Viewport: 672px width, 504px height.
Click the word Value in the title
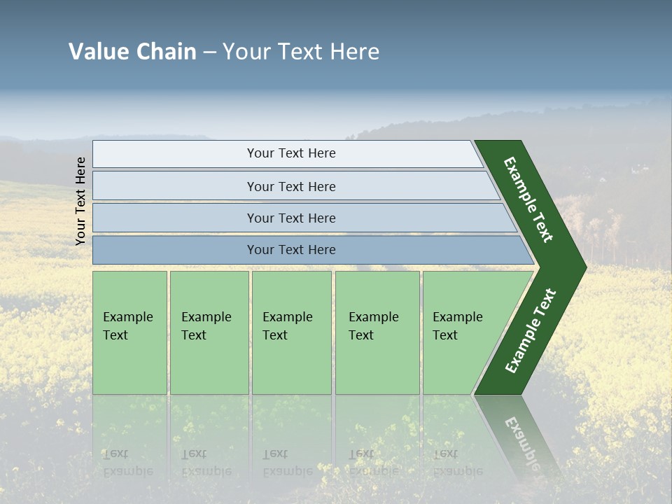[x=97, y=52]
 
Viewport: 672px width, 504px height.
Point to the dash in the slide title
[x=209, y=52]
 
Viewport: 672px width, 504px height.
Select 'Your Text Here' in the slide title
[x=301, y=52]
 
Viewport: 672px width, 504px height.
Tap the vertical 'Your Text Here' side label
[x=80, y=202]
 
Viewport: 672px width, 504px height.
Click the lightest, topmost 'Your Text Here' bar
[x=290, y=153]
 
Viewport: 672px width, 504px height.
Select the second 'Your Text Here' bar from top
[x=290, y=186]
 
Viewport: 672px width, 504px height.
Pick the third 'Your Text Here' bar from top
[x=290, y=218]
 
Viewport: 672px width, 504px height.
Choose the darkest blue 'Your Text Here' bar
[x=290, y=250]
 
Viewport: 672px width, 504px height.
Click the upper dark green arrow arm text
[x=528, y=199]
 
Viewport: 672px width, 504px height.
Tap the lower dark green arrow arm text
[x=531, y=331]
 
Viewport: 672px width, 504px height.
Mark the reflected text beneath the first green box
[x=127, y=463]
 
